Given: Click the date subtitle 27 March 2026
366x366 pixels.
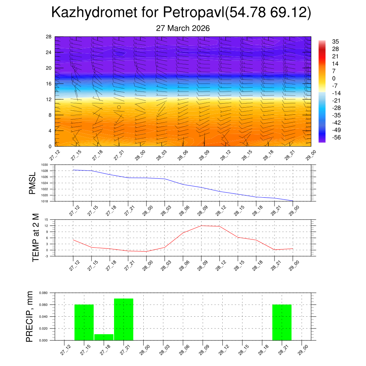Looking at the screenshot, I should coord(183,28).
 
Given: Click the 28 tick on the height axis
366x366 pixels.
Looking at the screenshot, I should coord(49,36).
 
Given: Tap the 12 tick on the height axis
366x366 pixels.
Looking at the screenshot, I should coord(49,99).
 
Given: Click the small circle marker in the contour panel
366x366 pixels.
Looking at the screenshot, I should coord(119,107).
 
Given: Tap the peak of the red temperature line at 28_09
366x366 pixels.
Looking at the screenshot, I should coord(201,226).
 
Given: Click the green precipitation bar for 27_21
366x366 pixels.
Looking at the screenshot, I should coord(124,319).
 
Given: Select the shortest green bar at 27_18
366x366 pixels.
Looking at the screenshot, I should coord(104,337).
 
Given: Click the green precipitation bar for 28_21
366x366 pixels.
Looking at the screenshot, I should coord(282,322).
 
